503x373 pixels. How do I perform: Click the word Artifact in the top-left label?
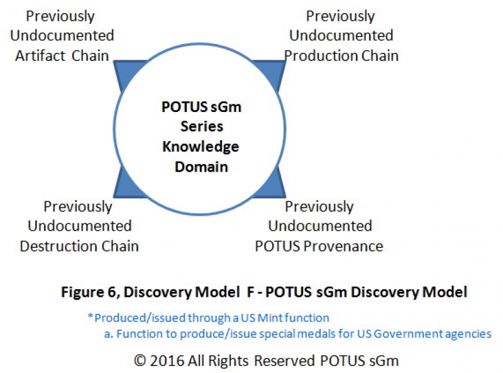(40, 55)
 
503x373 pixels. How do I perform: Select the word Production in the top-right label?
(321, 56)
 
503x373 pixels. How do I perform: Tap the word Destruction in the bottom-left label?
(58, 246)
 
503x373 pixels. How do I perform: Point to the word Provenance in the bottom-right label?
(343, 246)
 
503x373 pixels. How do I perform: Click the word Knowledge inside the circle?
(201, 147)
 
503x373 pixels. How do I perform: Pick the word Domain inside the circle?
(201, 167)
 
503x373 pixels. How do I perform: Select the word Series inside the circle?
(202, 126)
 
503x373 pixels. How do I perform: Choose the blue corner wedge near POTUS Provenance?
(274, 186)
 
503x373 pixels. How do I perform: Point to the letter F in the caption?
(250, 292)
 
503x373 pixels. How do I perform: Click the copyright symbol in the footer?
(140, 360)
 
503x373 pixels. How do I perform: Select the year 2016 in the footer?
(167, 360)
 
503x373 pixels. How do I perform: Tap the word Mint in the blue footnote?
(270, 318)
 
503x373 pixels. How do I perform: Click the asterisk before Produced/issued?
(91, 316)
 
